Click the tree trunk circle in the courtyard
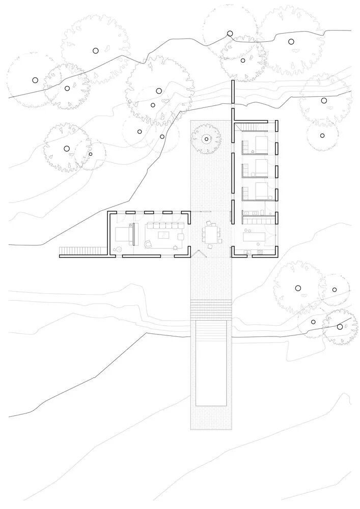pos(206,138)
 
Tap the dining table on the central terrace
pos(210,235)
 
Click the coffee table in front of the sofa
pos(164,235)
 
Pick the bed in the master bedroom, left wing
pos(125,234)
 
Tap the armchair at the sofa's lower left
pos(149,244)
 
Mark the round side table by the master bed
pos(117,249)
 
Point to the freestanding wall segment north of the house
pos(232,92)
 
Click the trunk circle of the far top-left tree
pos(35,80)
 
